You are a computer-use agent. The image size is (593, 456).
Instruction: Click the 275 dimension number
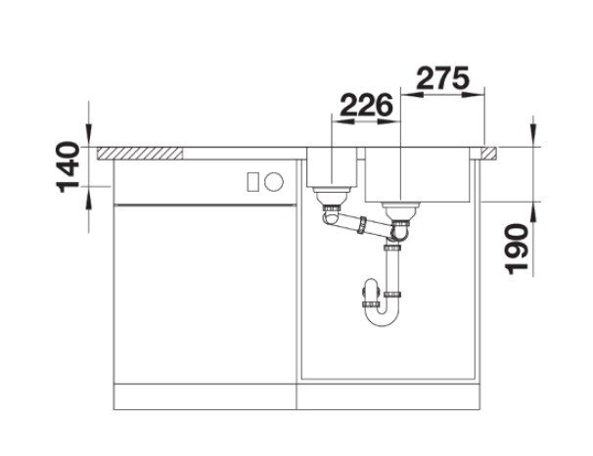click(442, 78)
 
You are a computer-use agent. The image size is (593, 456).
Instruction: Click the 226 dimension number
click(366, 105)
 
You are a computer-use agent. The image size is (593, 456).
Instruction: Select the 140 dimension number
click(68, 167)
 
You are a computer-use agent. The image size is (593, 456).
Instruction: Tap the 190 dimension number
click(517, 249)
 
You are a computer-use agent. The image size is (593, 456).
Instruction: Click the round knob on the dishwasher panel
click(273, 181)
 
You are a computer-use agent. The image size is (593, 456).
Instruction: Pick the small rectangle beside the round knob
click(252, 181)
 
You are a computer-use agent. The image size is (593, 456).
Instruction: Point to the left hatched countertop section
click(140, 154)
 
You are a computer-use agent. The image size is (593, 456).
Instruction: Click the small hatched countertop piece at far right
click(488, 154)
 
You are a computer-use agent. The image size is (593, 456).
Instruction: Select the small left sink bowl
click(332, 167)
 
